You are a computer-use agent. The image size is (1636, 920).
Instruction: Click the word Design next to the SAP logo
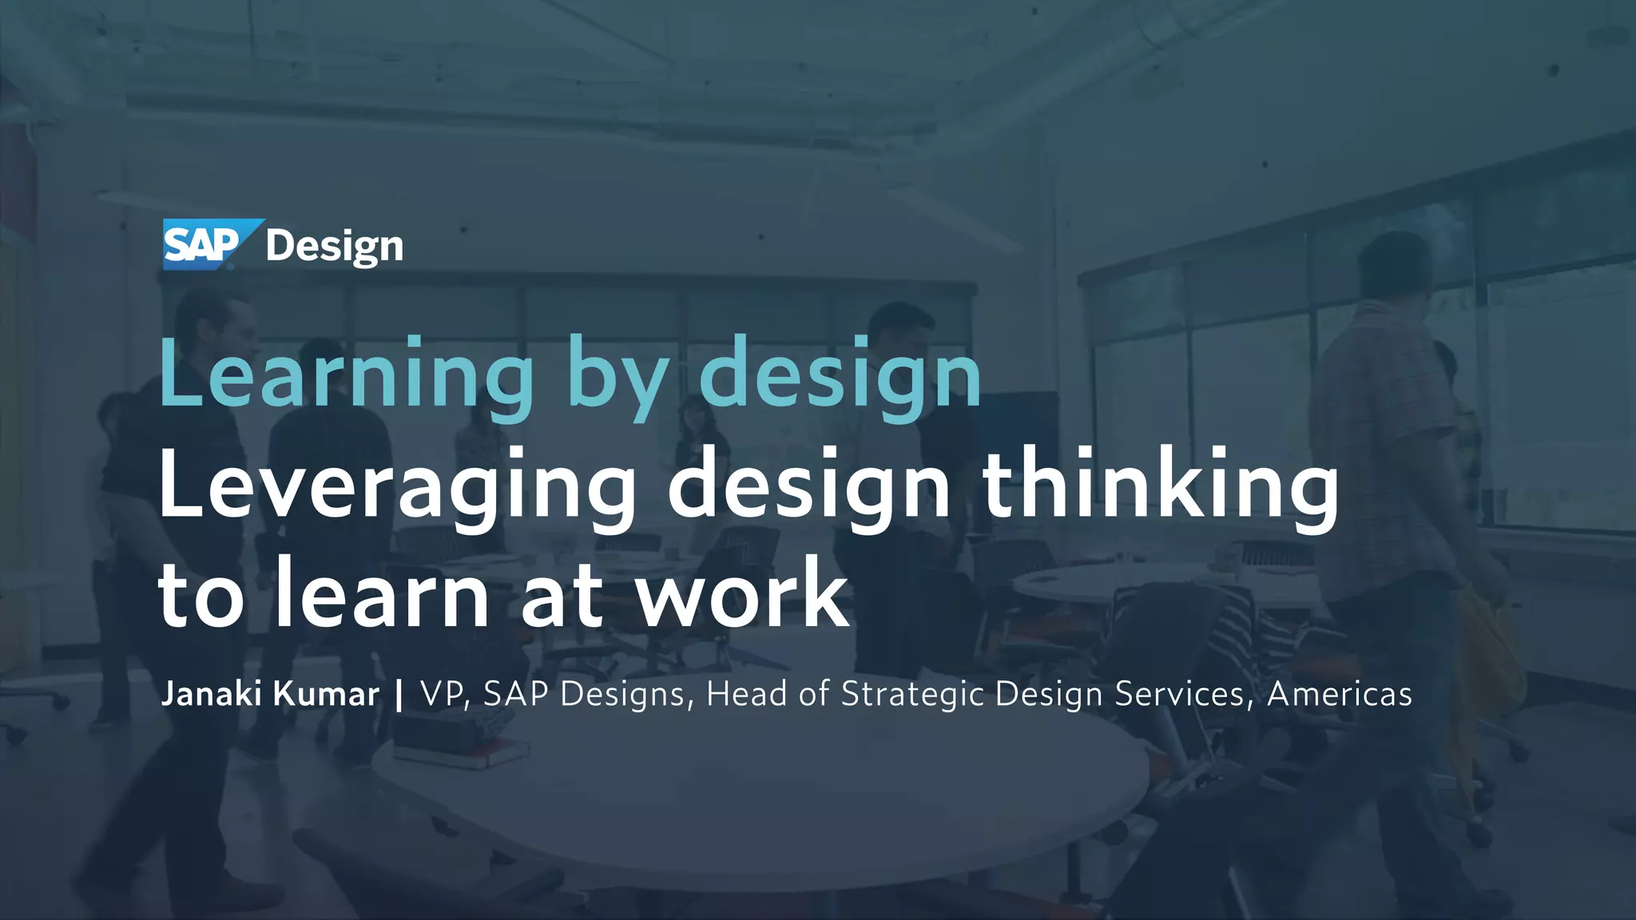coord(335,247)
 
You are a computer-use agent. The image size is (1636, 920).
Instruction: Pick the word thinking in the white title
coord(1160,486)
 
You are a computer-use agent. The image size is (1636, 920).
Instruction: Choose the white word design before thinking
coord(809,486)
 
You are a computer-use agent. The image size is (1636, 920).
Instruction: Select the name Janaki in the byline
coord(211,694)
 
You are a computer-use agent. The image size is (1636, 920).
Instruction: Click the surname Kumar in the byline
coord(326,694)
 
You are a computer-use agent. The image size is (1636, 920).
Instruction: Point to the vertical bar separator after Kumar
coord(399,694)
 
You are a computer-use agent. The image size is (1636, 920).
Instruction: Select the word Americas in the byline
coord(1340,694)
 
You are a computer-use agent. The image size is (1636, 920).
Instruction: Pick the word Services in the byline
coord(1179,694)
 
